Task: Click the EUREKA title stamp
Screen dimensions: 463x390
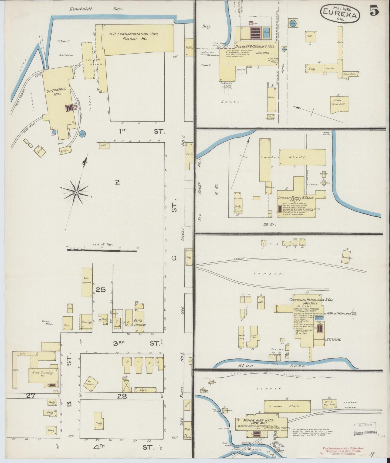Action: (340, 14)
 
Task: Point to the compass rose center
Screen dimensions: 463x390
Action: (76, 192)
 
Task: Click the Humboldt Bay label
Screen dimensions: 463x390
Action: (96, 9)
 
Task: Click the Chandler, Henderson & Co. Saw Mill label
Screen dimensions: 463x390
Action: (307, 301)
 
